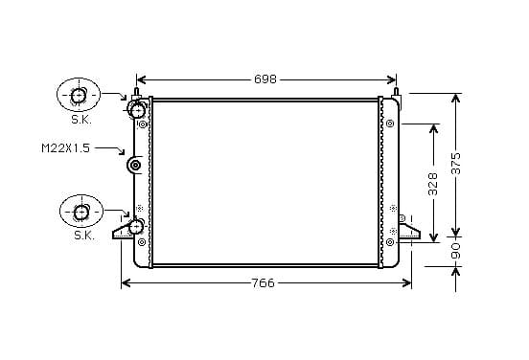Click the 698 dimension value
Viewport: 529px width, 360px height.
265,79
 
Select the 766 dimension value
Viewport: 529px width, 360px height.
264,283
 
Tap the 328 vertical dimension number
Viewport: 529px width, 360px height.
432,184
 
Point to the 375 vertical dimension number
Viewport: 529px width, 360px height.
456,164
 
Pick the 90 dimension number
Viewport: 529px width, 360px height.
456,251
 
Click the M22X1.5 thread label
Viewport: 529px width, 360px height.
66,148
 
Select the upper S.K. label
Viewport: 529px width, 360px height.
81,120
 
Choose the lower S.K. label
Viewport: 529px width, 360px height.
84,236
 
